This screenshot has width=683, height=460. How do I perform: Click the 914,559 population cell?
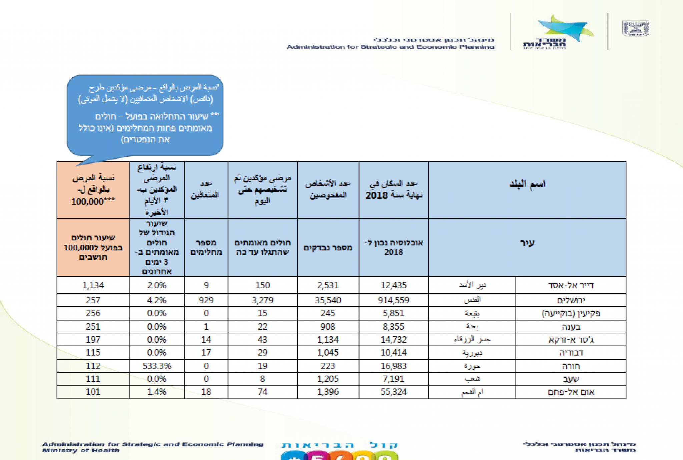click(x=394, y=300)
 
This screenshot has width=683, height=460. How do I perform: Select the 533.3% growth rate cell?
click(x=157, y=366)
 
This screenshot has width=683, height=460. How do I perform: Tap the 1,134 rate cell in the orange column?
click(x=93, y=285)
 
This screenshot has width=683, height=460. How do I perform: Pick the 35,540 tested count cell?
click(x=328, y=300)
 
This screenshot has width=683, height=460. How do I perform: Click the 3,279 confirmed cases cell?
click(x=262, y=300)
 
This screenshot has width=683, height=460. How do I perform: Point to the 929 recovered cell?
click(x=206, y=300)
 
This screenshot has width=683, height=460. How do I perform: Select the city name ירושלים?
click(x=571, y=300)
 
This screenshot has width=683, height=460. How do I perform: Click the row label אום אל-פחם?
click(x=571, y=392)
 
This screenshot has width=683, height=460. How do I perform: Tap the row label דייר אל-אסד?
click(x=571, y=285)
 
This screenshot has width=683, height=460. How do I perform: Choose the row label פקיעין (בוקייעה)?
click(x=571, y=313)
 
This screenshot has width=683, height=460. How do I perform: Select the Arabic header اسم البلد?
click(x=527, y=184)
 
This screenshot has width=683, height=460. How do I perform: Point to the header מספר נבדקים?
click(x=328, y=248)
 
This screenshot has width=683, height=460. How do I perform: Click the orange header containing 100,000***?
click(x=93, y=190)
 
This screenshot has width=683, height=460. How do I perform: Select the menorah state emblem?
click(x=635, y=28)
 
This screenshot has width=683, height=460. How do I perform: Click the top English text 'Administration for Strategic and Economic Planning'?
click(x=391, y=47)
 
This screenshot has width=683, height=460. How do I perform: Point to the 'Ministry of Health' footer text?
click(x=81, y=451)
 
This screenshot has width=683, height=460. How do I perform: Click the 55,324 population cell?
click(x=394, y=392)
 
